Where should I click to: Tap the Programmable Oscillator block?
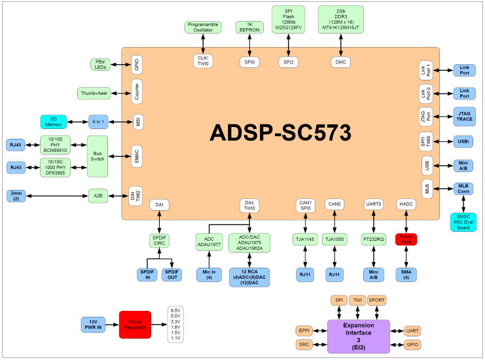[203, 27]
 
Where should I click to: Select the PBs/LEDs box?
[99, 64]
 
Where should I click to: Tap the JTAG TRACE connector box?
[464, 117]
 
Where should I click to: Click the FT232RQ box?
[372, 240]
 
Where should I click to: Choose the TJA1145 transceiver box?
[304, 240]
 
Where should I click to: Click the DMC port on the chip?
[340, 61]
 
